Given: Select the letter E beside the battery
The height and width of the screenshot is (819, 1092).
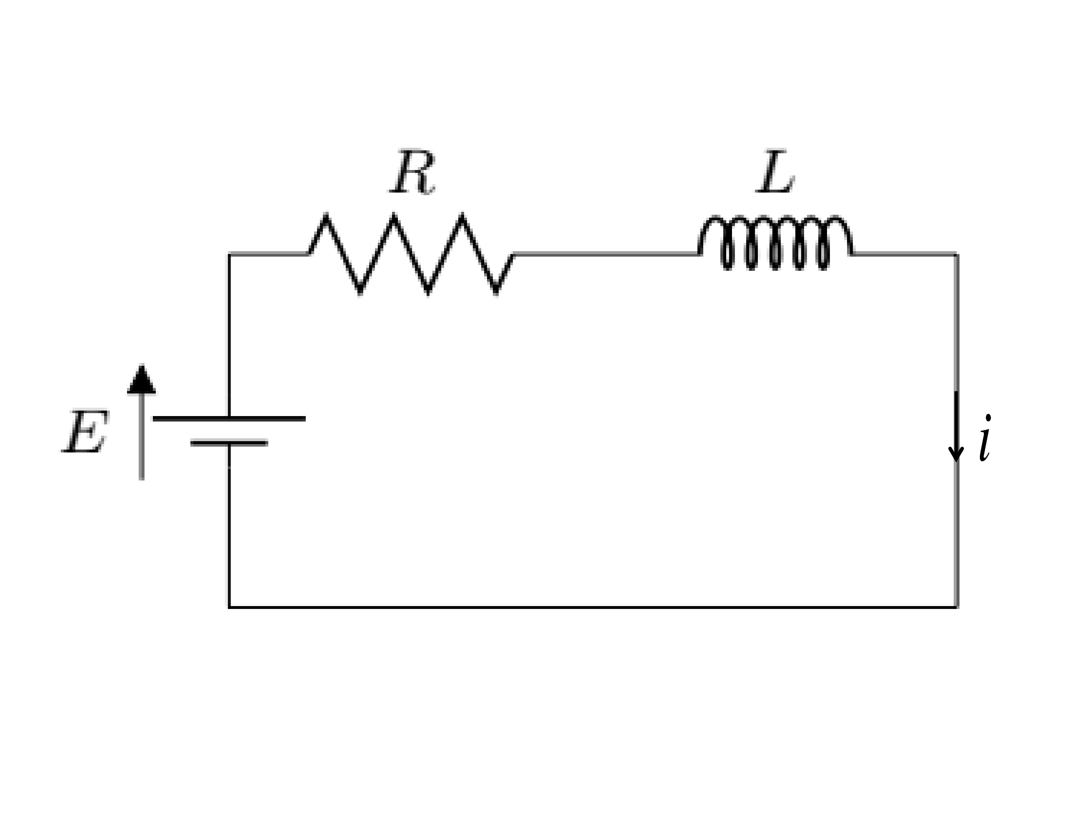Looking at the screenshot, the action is pos(85,431).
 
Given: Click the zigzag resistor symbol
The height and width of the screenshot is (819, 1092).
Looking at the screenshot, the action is pos(411,254).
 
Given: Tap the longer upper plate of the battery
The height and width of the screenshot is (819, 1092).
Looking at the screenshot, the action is pos(229,419).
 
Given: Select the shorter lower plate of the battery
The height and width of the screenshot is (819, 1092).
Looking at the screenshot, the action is pos(229,443).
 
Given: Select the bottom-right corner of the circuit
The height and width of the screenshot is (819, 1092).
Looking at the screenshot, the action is pos(957,607).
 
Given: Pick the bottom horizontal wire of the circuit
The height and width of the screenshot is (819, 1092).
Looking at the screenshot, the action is pos(593,607).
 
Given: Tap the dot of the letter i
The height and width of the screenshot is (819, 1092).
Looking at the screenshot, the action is pos(988,418).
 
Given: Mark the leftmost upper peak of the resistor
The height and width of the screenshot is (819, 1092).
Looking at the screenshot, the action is pos(326,214).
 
